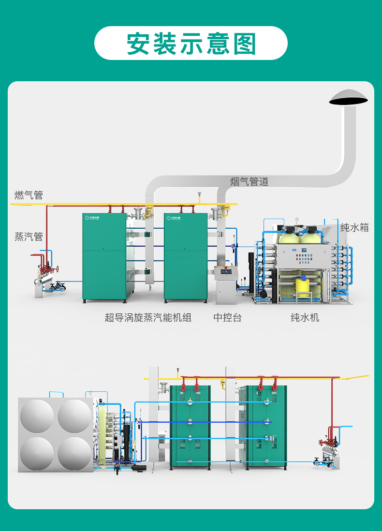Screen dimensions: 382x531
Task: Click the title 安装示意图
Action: [191, 44]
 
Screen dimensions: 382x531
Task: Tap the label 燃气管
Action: [29, 195]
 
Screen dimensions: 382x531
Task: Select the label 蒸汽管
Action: [29, 236]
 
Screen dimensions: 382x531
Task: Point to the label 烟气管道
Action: [249, 181]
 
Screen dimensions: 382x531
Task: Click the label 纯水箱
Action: [354, 227]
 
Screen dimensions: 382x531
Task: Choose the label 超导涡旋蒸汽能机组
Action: [148, 317]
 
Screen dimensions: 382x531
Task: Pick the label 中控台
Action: [228, 317]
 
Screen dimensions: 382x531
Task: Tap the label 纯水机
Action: [305, 317]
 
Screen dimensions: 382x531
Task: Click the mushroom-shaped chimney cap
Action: [349, 97]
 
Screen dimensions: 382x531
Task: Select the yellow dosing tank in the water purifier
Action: [304, 287]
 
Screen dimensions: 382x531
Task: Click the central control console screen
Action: [225, 271]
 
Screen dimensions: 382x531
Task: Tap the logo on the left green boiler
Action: [92, 218]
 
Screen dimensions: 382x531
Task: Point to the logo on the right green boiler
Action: [174, 218]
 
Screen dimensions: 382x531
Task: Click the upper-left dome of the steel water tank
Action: [37, 416]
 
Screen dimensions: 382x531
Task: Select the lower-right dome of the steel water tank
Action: [74, 454]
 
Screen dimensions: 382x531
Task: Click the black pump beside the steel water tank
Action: [138, 468]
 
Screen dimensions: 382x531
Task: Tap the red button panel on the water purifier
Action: [304, 258]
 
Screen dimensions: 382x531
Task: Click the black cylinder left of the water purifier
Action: [251, 273]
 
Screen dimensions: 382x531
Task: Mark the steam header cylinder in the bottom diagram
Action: [329, 451]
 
